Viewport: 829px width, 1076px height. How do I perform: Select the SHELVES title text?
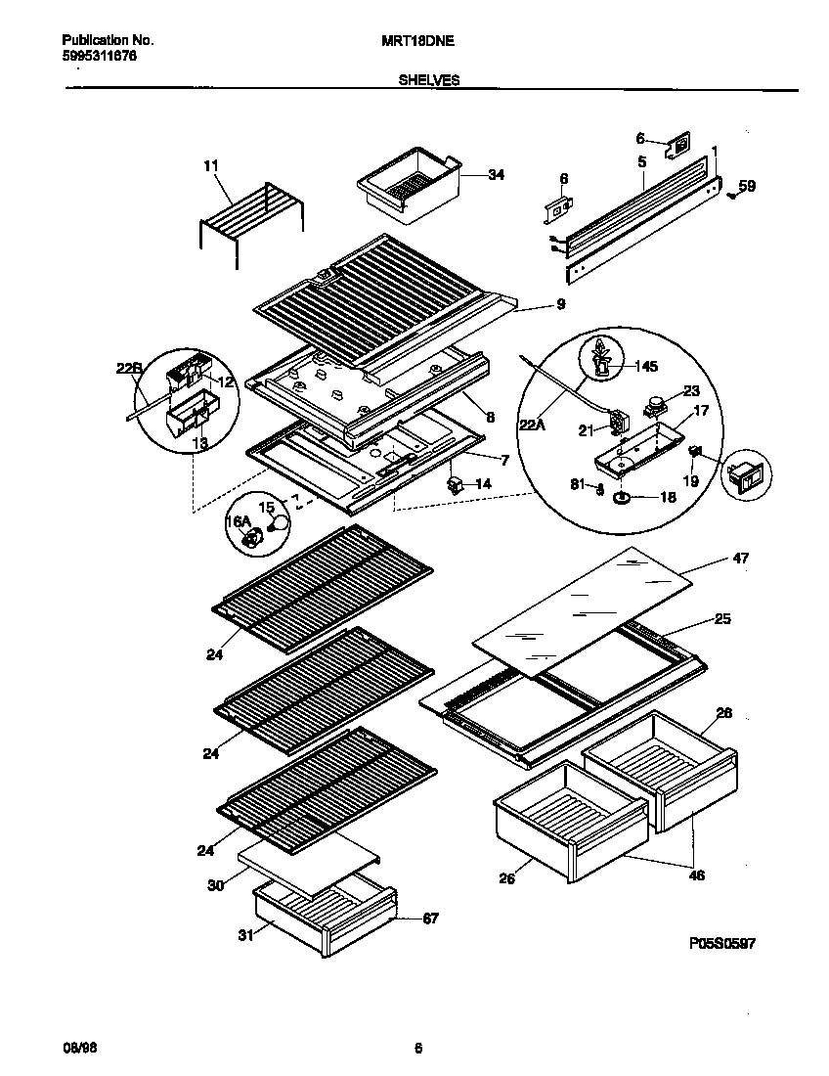point(428,82)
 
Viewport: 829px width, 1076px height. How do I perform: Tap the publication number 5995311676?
point(99,57)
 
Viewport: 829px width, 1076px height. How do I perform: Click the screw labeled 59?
point(731,195)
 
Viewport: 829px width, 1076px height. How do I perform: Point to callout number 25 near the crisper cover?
point(721,618)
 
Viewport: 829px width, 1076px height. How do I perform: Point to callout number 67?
point(430,918)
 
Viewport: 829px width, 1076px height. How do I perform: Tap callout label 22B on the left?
point(128,368)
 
